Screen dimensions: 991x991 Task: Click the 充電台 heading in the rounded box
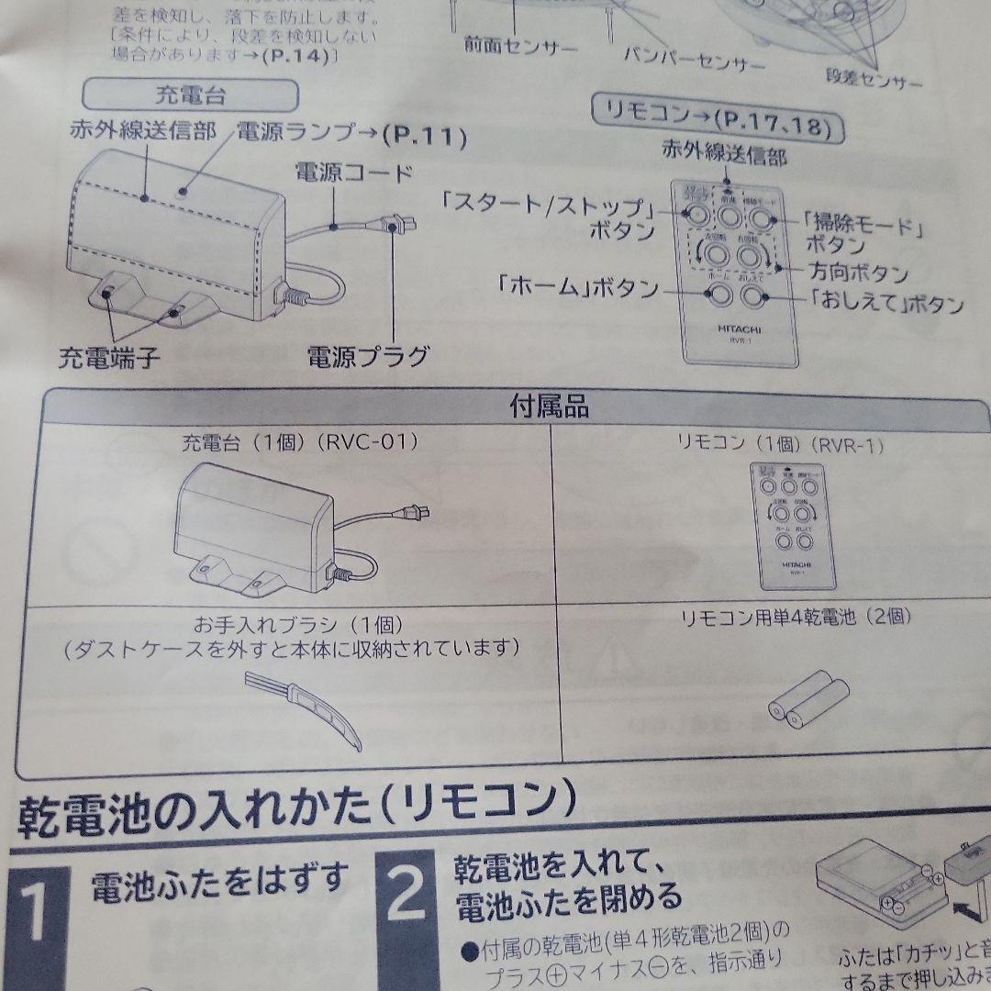(191, 95)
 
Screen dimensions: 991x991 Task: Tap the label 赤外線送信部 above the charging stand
(142, 130)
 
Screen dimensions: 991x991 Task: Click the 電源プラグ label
(367, 355)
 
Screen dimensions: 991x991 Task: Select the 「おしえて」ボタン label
(885, 304)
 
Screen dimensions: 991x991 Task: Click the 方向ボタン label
(859, 273)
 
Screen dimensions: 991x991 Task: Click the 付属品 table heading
(549, 406)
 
